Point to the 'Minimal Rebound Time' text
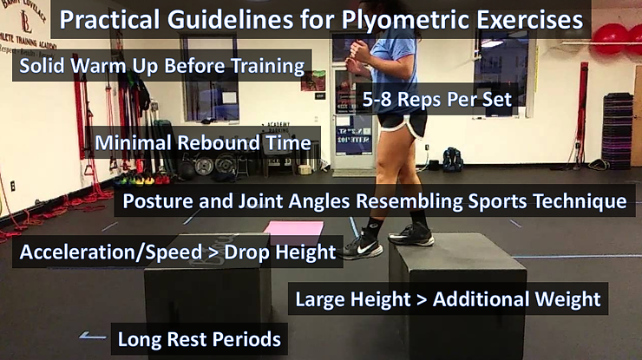pos(203,141)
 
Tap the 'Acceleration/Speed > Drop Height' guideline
pos(177,252)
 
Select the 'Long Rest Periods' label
pos(199,338)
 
